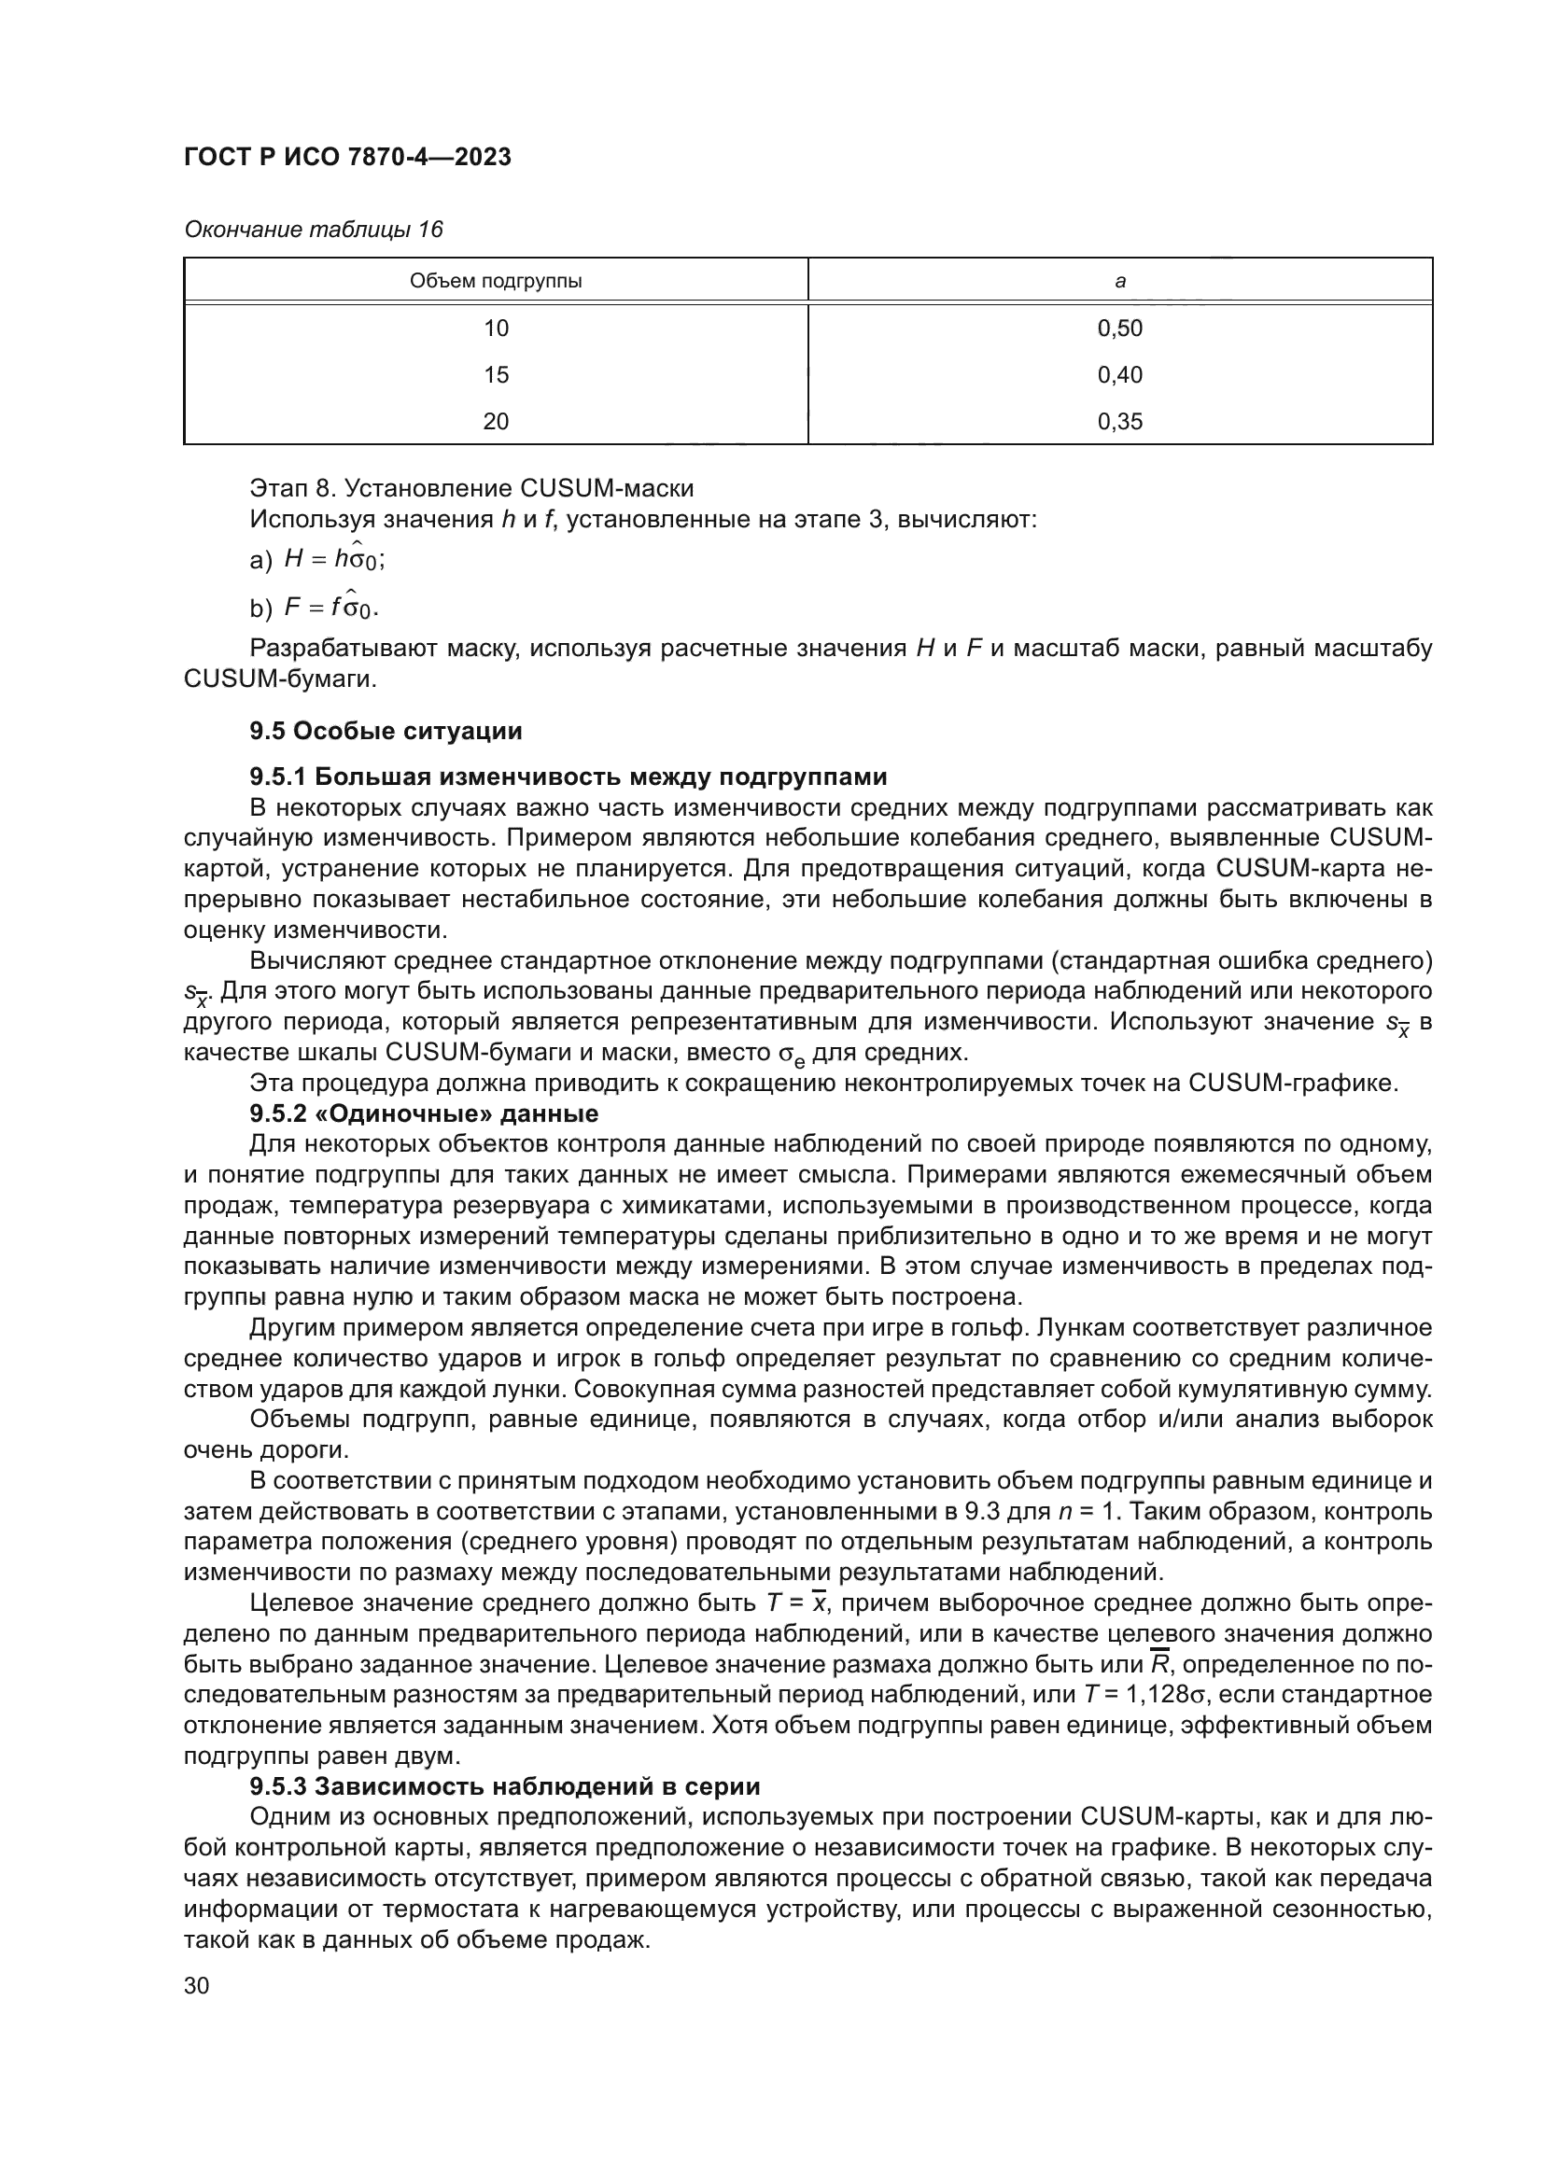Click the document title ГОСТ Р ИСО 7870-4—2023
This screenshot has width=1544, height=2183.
(347, 157)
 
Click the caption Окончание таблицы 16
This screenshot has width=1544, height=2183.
(314, 230)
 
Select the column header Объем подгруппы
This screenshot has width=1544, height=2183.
(496, 281)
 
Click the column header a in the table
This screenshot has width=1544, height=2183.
(1120, 281)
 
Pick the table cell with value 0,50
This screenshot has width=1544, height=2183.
(1120, 328)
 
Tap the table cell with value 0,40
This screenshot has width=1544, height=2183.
(1120, 374)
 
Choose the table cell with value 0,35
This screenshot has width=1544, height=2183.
(1120, 421)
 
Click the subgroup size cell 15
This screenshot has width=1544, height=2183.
(496, 374)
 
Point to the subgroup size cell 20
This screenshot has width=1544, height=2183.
(496, 421)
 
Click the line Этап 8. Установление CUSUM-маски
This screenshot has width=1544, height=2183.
(471, 489)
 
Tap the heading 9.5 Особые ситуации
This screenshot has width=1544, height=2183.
(386, 731)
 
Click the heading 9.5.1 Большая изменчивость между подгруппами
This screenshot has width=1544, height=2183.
(568, 777)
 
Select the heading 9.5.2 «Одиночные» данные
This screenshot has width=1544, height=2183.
(424, 1113)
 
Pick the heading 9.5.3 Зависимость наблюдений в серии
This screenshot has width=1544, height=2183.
(505, 1786)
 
